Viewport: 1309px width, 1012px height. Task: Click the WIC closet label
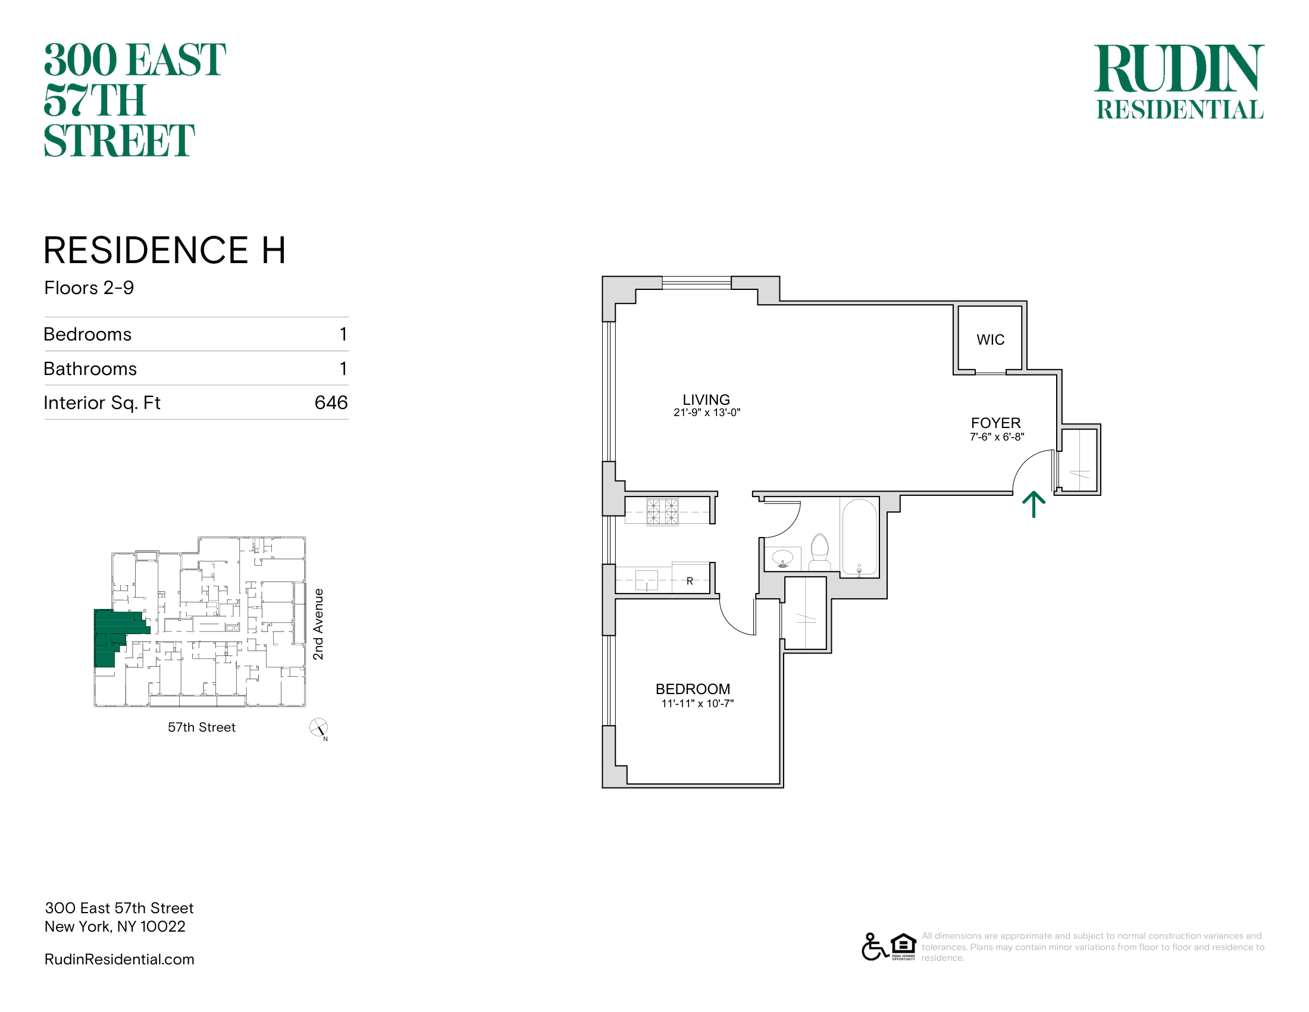click(x=990, y=340)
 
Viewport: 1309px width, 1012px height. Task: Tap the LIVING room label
click(x=706, y=399)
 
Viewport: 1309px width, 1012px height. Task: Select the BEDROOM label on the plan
click(x=693, y=689)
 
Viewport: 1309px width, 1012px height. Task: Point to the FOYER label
click(x=995, y=423)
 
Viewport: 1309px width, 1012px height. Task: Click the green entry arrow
click(x=1034, y=504)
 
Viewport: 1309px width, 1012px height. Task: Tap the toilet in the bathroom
click(x=819, y=552)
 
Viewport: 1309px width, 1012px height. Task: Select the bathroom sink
click(x=783, y=558)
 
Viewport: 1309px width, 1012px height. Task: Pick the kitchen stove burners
click(x=662, y=511)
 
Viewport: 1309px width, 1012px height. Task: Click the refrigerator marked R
click(x=690, y=577)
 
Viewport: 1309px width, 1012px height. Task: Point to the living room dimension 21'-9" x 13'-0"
click(x=707, y=413)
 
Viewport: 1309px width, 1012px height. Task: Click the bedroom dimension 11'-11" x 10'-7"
click(x=697, y=703)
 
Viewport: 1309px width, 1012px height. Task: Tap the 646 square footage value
click(x=331, y=402)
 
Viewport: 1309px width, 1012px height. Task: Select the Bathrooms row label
click(x=90, y=368)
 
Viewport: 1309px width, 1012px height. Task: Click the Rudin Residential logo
click(x=1179, y=82)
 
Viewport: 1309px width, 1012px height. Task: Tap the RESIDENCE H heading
click(x=165, y=250)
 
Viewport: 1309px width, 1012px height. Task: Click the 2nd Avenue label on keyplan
click(x=318, y=624)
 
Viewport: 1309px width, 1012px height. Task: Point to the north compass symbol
click(x=318, y=728)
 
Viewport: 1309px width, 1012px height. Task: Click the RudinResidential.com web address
click(x=119, y=959)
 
